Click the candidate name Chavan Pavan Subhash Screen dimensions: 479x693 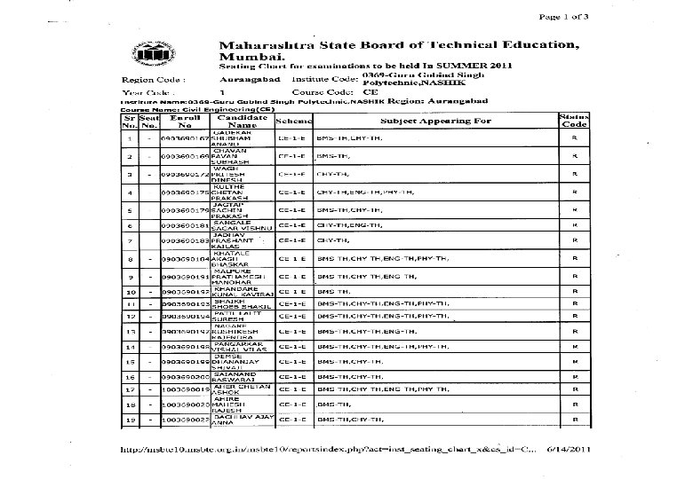(229, 157)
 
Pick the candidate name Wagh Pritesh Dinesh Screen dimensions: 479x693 (229, 175)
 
